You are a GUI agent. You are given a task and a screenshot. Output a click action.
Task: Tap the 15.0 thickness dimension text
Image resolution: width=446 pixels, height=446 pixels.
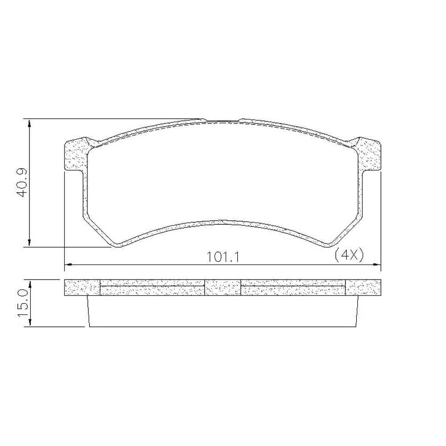(x=22, y=303)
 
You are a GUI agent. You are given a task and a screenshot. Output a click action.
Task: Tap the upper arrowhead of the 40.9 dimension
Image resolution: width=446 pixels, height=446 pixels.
(x=29, y=123)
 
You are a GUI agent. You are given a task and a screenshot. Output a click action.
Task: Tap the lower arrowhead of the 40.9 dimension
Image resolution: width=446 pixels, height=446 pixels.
(x=29, y=243)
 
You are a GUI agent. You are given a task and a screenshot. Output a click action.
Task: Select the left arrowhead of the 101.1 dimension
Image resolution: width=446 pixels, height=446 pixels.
(x=69, y=265)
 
